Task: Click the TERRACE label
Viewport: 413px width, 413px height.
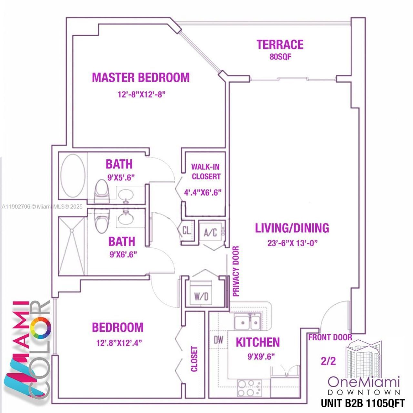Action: click(280, 45)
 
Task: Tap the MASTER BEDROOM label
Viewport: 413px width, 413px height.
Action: click(141, 77)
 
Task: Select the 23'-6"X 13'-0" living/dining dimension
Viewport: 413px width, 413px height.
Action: click(292, 243)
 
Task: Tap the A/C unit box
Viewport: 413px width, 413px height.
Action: click(210, 232)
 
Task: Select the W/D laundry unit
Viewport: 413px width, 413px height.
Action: click(201, 296)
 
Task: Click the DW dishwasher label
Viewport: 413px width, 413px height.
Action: click(218, 339)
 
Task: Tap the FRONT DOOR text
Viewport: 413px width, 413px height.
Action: click(330, 337)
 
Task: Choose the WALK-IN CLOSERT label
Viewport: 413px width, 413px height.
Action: click(206, 172)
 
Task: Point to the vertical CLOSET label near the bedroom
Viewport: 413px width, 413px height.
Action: click(194, 359)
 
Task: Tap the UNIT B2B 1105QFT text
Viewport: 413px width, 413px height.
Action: click(362, 403)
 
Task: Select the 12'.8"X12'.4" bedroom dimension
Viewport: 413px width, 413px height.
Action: click(119, 342)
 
